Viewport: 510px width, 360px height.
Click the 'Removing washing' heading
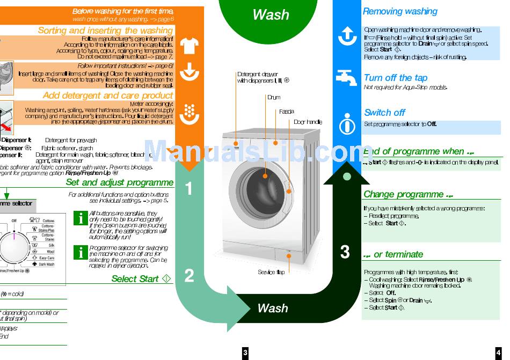click(400, 11)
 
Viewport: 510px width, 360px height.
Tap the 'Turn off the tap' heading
click(396, 78)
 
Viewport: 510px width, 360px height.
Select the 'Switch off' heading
click(384, 113)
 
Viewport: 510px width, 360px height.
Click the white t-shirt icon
click(189, 46)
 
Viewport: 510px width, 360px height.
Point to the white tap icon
click(346, 78)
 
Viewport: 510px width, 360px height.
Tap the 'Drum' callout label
click(274, 98)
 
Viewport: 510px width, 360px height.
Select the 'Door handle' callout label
click(308, 122)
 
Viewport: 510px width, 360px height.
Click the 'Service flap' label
click(271, 273)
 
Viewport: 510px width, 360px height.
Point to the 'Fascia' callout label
click(286, 112)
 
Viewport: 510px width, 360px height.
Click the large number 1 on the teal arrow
click(189, 189)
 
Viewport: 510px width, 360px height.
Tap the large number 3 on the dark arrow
click(345, 252)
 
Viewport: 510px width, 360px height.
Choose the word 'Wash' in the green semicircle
click(271, 15)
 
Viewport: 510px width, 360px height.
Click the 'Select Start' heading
click(135, 279)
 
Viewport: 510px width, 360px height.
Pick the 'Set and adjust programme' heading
click(120, 182)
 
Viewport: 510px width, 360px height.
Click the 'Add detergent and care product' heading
click(108, 95)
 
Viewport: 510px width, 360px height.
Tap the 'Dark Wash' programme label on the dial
click(46, 265)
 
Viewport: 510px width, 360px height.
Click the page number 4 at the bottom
click(497, 352)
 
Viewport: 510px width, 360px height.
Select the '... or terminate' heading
click(393, 254)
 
